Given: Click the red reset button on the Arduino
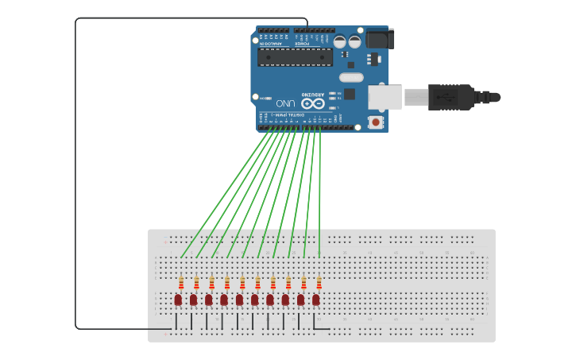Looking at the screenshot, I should [375, 122].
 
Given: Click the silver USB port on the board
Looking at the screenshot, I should [385, 97].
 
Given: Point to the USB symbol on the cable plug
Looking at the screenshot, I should [446, 97].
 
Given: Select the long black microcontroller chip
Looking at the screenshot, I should [295, 56].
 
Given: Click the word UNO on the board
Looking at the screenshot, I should [285, 103].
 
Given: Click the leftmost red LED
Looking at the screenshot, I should [178, 300].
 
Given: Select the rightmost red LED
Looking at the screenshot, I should [316, 300].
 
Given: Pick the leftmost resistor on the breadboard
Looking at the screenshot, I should [181, 282].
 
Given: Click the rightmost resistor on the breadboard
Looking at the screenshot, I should [319, 282].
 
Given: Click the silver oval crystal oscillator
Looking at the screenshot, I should [350, 77].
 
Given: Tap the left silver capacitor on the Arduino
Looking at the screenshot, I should [339, 41].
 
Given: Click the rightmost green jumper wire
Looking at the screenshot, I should [319, 191].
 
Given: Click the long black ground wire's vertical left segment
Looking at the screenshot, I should [75, 175].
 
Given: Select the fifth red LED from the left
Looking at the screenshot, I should [239, 300].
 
